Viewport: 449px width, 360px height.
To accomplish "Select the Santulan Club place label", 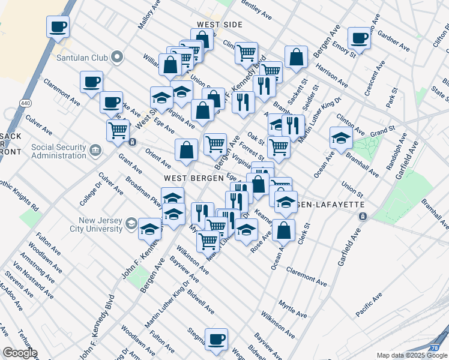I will click(x=81, y=58).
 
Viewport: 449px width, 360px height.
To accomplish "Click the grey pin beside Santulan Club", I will click(x=117, y=58).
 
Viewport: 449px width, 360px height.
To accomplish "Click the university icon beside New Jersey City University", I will click(x=130, y=225).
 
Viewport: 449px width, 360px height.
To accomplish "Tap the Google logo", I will click(x=19, y=353).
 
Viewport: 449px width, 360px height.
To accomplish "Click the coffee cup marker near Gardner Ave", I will click(x=360, y=38).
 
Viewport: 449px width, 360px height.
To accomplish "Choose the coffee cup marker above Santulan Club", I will click(x=58, y=26).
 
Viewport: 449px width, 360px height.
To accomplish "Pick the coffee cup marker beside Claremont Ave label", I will click(x=91, y=82).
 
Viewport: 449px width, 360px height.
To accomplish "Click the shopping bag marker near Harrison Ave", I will click(x=297, y=58).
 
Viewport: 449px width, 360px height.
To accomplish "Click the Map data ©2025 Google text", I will click(x=412, y=355).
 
